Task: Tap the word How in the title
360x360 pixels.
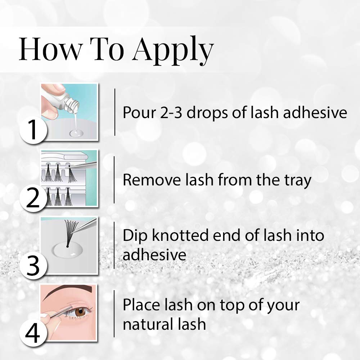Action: point(50,49)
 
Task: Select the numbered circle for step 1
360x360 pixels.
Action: point(33,130)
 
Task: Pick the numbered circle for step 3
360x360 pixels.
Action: point(33,265)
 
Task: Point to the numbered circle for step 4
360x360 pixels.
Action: point(33,333)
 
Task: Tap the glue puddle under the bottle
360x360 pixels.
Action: point(76,133)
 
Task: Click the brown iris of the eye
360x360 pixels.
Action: point(80,312)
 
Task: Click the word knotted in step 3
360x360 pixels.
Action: point(180,235)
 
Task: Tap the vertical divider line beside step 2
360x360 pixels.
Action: point(114,180)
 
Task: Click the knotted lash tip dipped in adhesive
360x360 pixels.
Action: point(67,247)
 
